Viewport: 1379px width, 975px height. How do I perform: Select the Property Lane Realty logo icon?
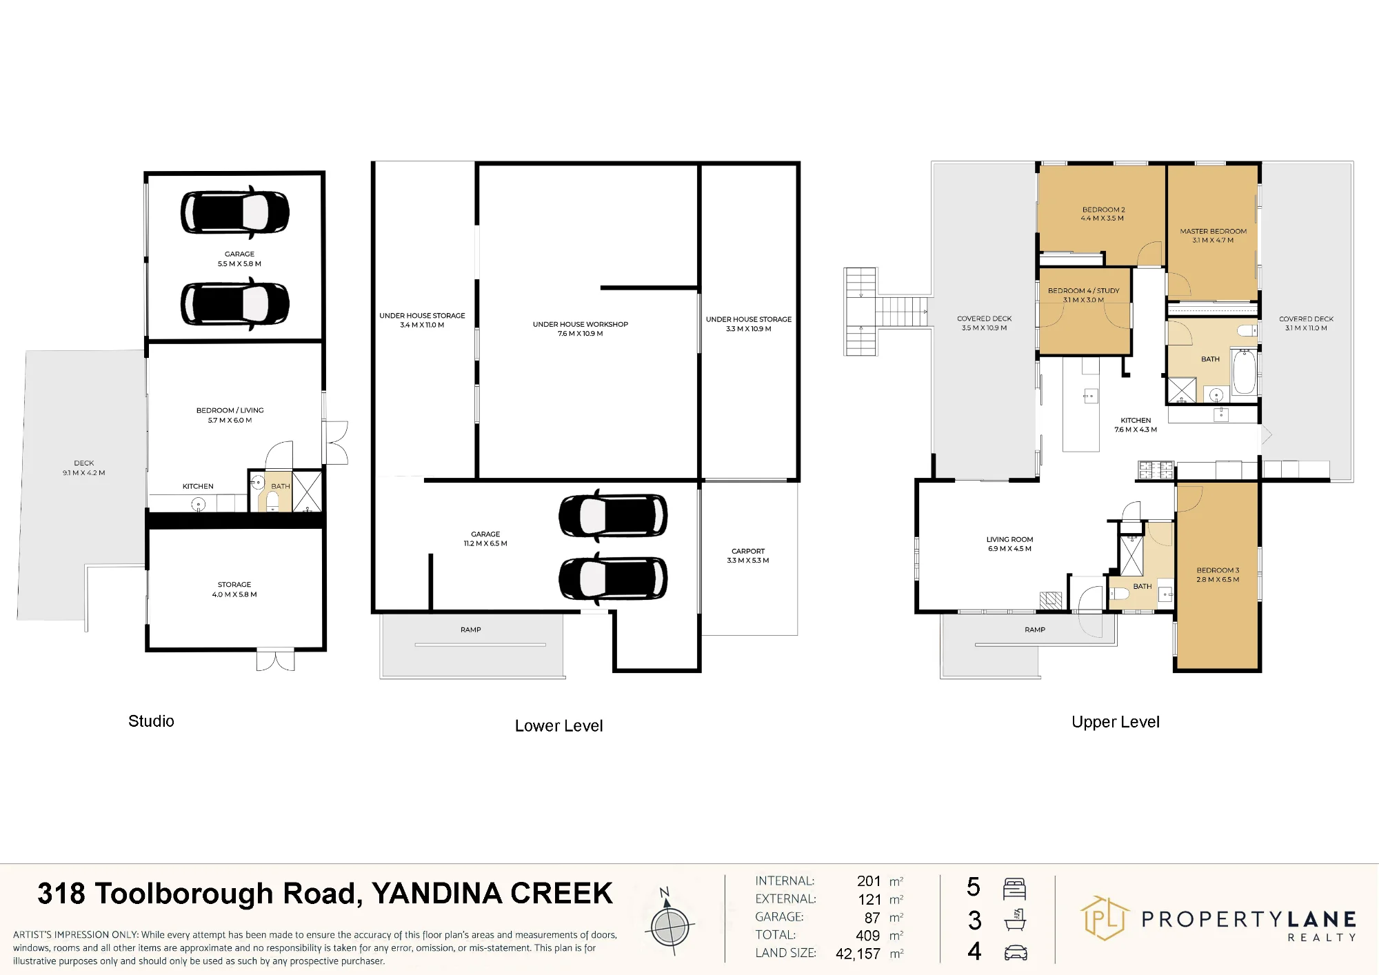(1105, 918)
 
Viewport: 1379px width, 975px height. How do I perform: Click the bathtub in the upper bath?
(1244, 372)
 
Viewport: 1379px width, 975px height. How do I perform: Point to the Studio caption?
(151, 721)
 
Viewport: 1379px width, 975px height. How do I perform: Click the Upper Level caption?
(1116, 723)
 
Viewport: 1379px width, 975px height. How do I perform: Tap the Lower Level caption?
(558, 726)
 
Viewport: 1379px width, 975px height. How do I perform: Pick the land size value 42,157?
(858, 954)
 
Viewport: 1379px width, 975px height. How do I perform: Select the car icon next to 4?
(1016, 953)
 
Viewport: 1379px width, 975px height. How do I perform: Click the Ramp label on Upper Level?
(1035, 630)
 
